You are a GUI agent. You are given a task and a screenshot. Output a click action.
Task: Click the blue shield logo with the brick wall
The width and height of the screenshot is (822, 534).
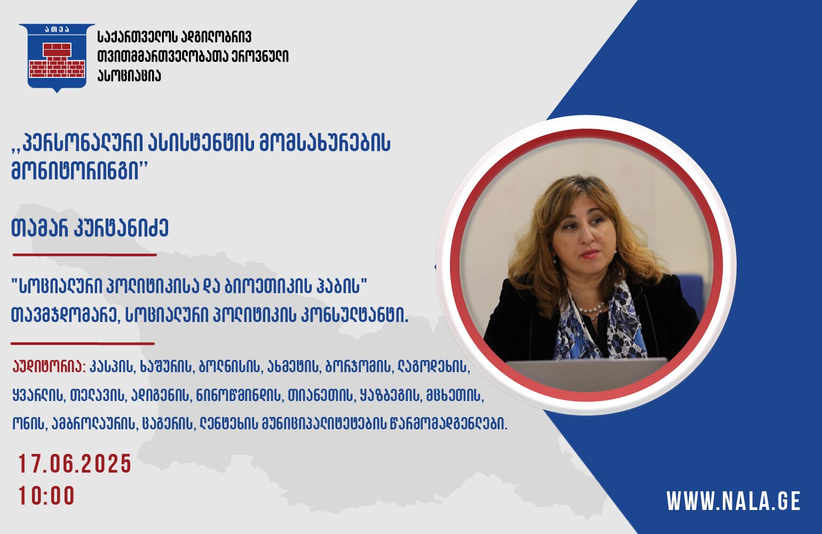[57, 57]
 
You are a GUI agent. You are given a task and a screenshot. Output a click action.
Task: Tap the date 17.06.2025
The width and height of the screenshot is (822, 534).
[75, 464]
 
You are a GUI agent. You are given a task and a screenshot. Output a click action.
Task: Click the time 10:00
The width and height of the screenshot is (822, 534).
[46, 496]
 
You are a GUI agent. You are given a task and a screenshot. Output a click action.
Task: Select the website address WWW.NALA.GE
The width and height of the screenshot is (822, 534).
[733, 500]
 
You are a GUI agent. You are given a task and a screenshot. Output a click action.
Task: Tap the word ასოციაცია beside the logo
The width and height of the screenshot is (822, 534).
[129, 76]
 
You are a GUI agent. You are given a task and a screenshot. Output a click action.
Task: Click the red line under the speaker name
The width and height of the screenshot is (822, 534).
[85, 254]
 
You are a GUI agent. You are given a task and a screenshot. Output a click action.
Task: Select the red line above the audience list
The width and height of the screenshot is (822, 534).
[82, 343]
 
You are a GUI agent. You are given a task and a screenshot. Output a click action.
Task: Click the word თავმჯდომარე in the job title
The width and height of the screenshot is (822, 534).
[64, 317]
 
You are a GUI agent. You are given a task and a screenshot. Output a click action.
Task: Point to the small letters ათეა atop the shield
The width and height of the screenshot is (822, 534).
[57, 30]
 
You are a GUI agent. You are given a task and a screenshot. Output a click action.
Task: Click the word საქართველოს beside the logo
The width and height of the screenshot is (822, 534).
[138, 37]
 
